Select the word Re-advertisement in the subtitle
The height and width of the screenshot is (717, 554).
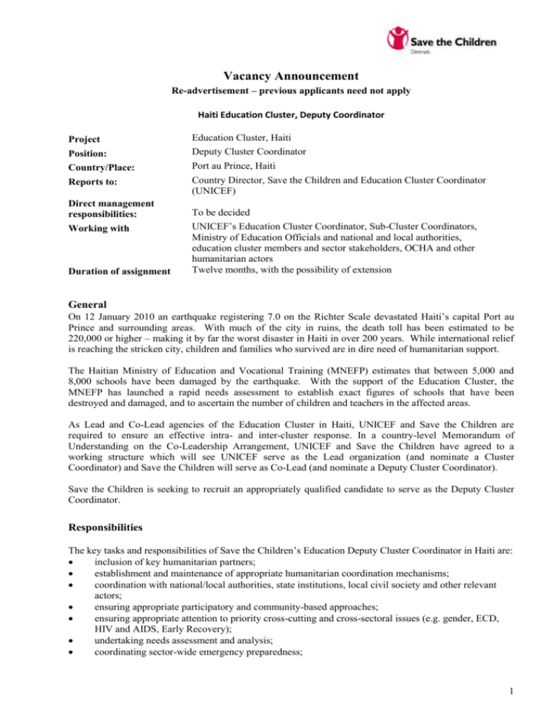pyautogui.click(x=207, y=94)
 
